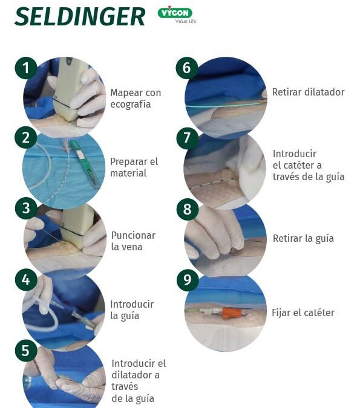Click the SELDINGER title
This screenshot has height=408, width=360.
pyautogui.click(x=80, y=16)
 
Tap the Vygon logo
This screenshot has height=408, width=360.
pyautogui.click(x=176, y=14)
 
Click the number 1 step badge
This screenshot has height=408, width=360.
pyautogui.click(x=25, y=68)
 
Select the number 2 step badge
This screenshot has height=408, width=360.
pyautogui.click(x=25, y=138)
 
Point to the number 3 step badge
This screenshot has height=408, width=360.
pyautogui.click(x=25, y=209)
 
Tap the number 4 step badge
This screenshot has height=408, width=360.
pyautogui.click(x=25, y=279)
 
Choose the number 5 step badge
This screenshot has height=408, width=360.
pyautogui.click(x=25, y=350)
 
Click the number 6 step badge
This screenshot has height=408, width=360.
pyautogui.click(x=186, y=68)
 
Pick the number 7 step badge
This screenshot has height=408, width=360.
pyautogui.click(x=186, y=138)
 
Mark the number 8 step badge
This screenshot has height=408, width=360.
pyautogui.click(x=186, y=209)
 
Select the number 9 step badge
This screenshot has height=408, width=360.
pyautogui.click(x=186, y=279)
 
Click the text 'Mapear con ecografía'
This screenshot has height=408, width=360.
pyautogui.click(x=135, y=99)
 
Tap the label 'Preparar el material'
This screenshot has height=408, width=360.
pyautogui.click(x=134, y=167)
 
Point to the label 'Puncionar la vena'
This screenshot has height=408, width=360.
pyautogui.click(x=133, y=241)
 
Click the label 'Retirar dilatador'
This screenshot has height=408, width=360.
pyautogui.click(x=308, y=92)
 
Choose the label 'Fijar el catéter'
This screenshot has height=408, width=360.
pyautogui.click(x=303, y=312)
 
